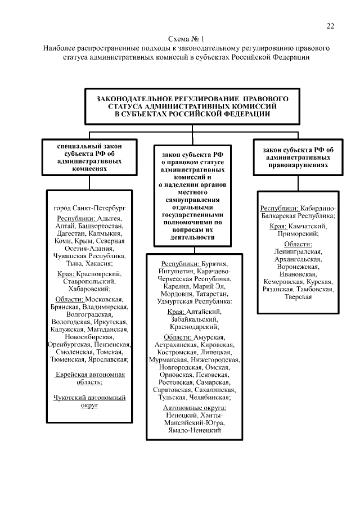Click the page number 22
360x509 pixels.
pyautogui.click(x=330, y=26)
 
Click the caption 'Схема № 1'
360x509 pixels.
pyautogui.click(x=186, y=39)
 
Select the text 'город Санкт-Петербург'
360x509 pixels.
pyautogui.click(x=90, y=208)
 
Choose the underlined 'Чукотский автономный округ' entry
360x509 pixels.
pyautogui.click(x=90, y=400)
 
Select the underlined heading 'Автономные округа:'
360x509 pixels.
pyautogui.click(x=194, y=407)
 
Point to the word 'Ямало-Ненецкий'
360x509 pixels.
pyautogui.click(x=194, y=430)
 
